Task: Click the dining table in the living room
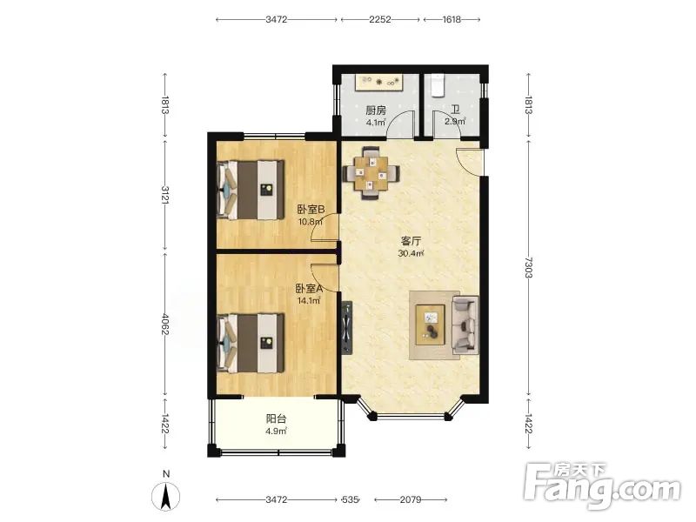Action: pyautogui.click(x=371, y=172)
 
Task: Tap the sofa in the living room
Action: pyautogui.click(x=465, y=325)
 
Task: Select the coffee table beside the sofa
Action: pyautogui.click(x=430, y=325)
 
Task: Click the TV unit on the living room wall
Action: pyautogui.click(x=346, y=328)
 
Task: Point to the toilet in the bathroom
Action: pyautogui.click(x=438, y=85)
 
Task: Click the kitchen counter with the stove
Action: pyautogui.click(x=378, y=83)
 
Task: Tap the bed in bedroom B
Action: pyautogui.click(x=251, y=190)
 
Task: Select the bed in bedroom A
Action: pyautogui.click(x=251, y=343)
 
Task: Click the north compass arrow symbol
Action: pyautogui.click(x=166, y=496)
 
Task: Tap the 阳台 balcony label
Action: pyautogui.click(x=276, y=418)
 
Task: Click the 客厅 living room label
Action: pyautogui.click(x=411, y=241)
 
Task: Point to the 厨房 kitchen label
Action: pyautogui.click(x=376, y=110)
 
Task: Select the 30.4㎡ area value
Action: pyautogui.click(x=411, y=254)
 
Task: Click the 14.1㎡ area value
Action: pyautogui.click(x=309, y=301)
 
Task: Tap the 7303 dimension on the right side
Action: pyautogui.click(x=528, y=267)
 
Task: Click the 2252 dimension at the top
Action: pyautogui.click(x=380, y=19)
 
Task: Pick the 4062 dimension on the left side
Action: pyautogui.click(x=165, y=325)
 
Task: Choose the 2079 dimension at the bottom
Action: pyautogui.click(x=411, y=499)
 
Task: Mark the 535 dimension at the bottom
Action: pyautogui.click(x=350, y=499)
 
